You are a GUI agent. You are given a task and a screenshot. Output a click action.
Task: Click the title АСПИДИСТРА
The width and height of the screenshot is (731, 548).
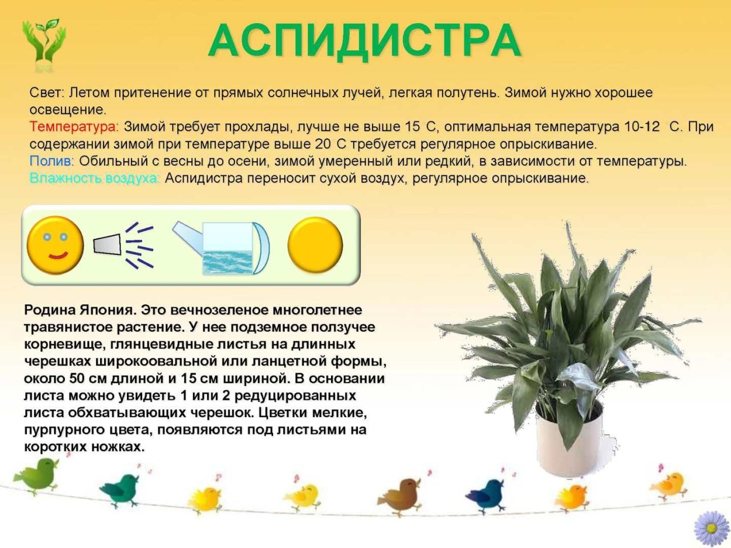[364, 41]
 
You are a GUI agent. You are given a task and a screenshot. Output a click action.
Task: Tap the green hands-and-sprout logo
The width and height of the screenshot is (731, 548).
[44, 44]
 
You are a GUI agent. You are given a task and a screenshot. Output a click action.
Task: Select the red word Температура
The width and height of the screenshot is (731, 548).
[74, 127]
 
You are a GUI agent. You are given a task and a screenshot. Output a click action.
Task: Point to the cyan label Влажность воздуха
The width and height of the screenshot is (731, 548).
[94, 178]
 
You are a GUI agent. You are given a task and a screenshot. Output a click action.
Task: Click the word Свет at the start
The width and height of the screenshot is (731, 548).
[49, 92]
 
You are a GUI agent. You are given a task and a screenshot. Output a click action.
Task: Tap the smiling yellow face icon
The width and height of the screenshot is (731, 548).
[55, 245]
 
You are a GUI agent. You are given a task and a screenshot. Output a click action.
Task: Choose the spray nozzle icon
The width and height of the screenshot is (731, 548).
[107, 244]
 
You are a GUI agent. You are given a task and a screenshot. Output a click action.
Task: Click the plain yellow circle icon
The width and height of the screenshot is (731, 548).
[315, 245]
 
